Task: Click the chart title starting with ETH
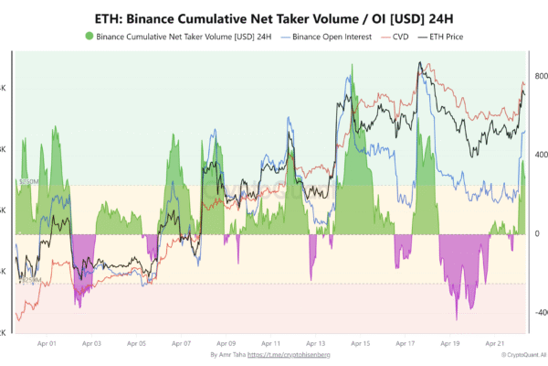click(x=274, y=18)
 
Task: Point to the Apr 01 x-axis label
click(x=47, y=344)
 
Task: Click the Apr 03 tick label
click(x=91, y=344)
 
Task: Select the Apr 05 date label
click(x=136, y=344)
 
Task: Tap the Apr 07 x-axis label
click(x=181, y=344)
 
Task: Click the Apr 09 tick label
click(x=225, y=344)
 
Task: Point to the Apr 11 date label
click(x=269, y=344)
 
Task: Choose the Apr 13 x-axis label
click(x=314, y=344)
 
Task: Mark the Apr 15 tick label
click(x=359, y=344)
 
